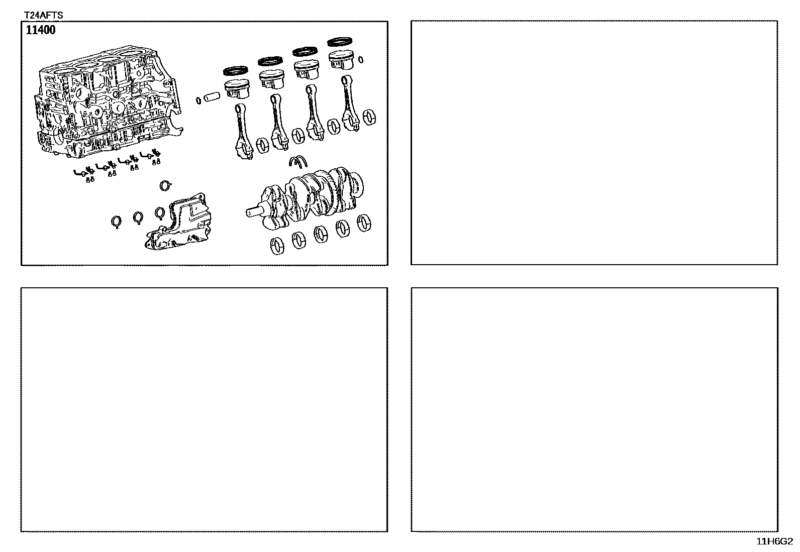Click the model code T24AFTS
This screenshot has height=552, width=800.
pos(43,15)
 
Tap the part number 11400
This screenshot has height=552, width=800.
pos(41,30)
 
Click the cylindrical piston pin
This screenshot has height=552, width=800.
pos(212,97)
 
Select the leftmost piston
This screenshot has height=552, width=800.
pos(237,89)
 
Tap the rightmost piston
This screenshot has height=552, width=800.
pos(341,59)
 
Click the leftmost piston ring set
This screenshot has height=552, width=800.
pos(236,71)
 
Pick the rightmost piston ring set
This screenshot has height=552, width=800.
pos(340,42)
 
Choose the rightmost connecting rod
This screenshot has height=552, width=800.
pos(350,103)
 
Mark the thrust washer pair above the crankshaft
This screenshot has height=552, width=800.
pos(298,161)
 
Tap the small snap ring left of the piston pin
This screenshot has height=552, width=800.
pos(198,100)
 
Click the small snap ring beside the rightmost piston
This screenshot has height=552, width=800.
pos(361,60)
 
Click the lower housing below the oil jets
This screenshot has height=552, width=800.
pos(178,222)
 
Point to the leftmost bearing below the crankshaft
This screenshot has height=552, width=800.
pos(277,246)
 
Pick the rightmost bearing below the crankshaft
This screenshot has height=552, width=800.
pos(364,223)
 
